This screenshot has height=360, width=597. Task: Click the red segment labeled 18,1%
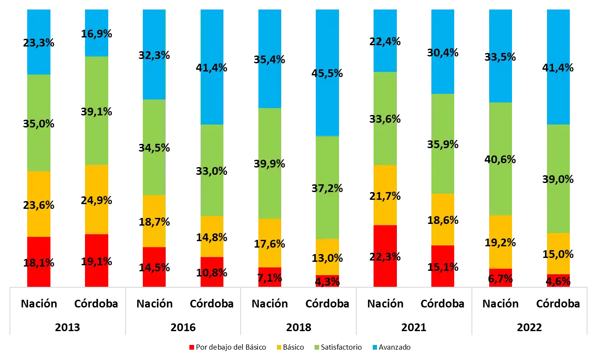[39, 262]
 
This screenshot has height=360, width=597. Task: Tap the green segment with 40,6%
[500, 158]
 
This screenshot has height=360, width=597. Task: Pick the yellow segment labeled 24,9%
[96, 199]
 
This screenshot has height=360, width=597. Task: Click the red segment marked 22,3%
[385, 256]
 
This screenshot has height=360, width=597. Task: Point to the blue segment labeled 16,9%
[96, 33]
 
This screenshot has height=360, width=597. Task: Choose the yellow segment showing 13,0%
[327, 257]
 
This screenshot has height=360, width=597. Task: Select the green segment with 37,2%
[327, 187]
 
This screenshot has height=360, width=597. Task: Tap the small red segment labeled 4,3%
[327, 281]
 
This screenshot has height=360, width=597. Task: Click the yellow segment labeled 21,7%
[385, 195]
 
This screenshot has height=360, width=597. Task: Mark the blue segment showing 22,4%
[385, 41]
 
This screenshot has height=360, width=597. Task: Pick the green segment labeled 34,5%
[154, 147]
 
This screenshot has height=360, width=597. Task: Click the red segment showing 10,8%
[212, 272]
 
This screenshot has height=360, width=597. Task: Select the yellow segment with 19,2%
[500, 242]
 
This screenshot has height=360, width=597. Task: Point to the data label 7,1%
[270, 278]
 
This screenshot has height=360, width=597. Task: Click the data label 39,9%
[270, 164]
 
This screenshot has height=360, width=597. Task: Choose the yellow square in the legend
[280, 348]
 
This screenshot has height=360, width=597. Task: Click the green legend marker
[317, 348]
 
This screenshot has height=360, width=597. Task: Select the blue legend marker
[375, 348]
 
